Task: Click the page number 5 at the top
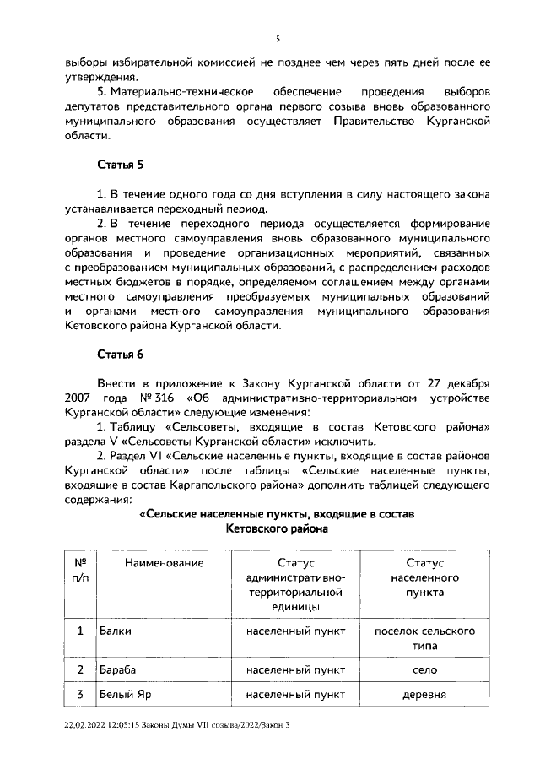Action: (x=277, y=38)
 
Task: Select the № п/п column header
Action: (x=81, y=570)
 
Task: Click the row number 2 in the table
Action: (x=81, y=669)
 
